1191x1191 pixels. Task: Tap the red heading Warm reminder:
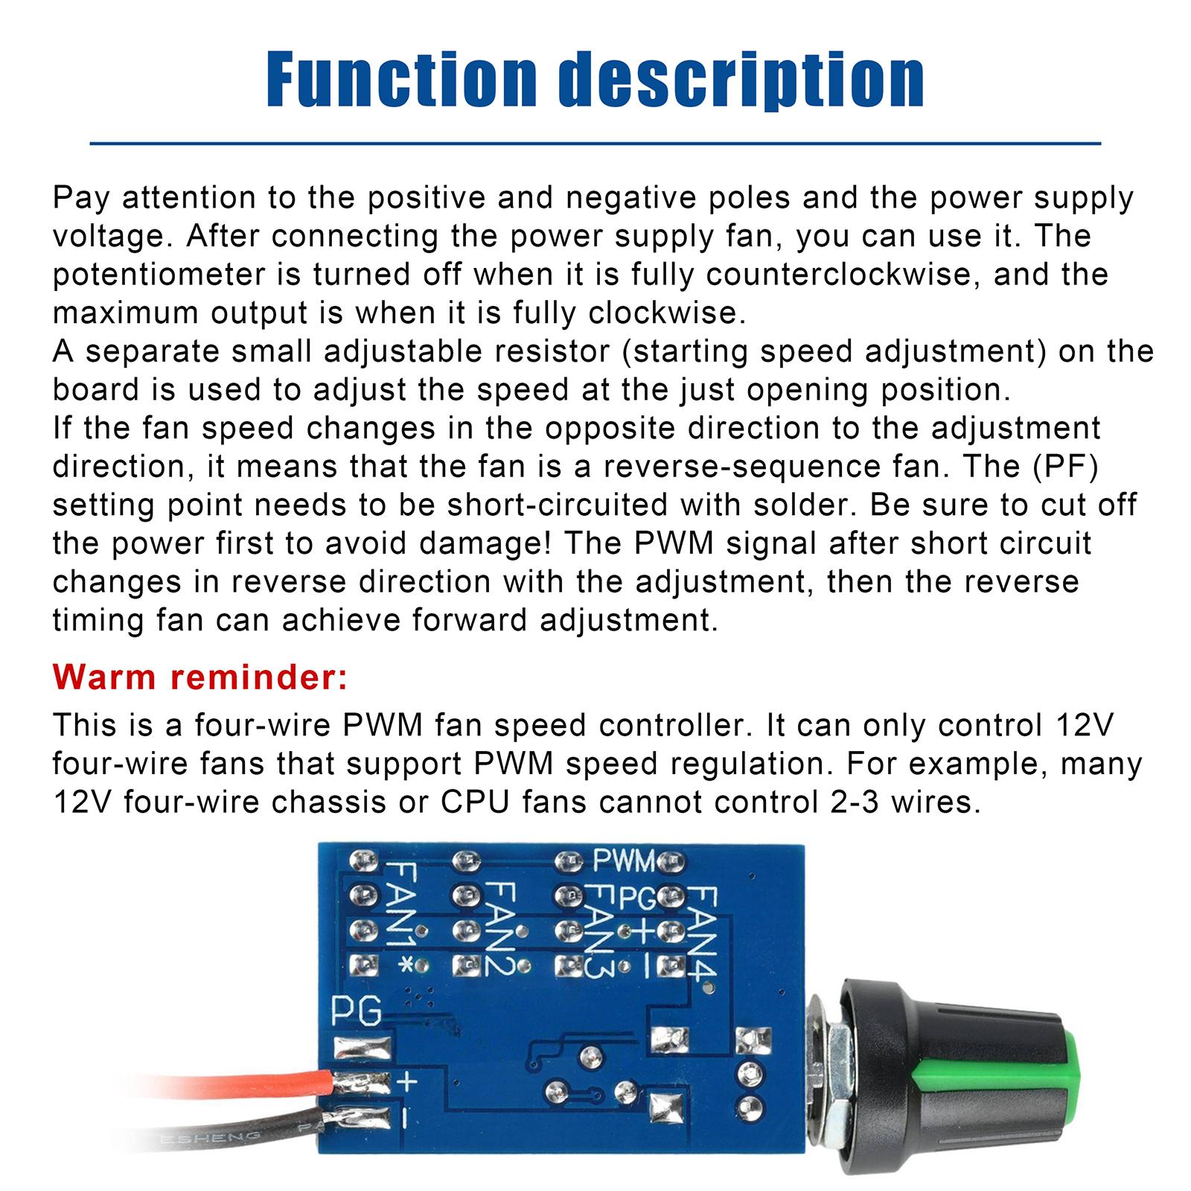(200, 677)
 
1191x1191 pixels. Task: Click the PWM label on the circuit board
(624, 861)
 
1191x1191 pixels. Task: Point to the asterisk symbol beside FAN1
(406, 965)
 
